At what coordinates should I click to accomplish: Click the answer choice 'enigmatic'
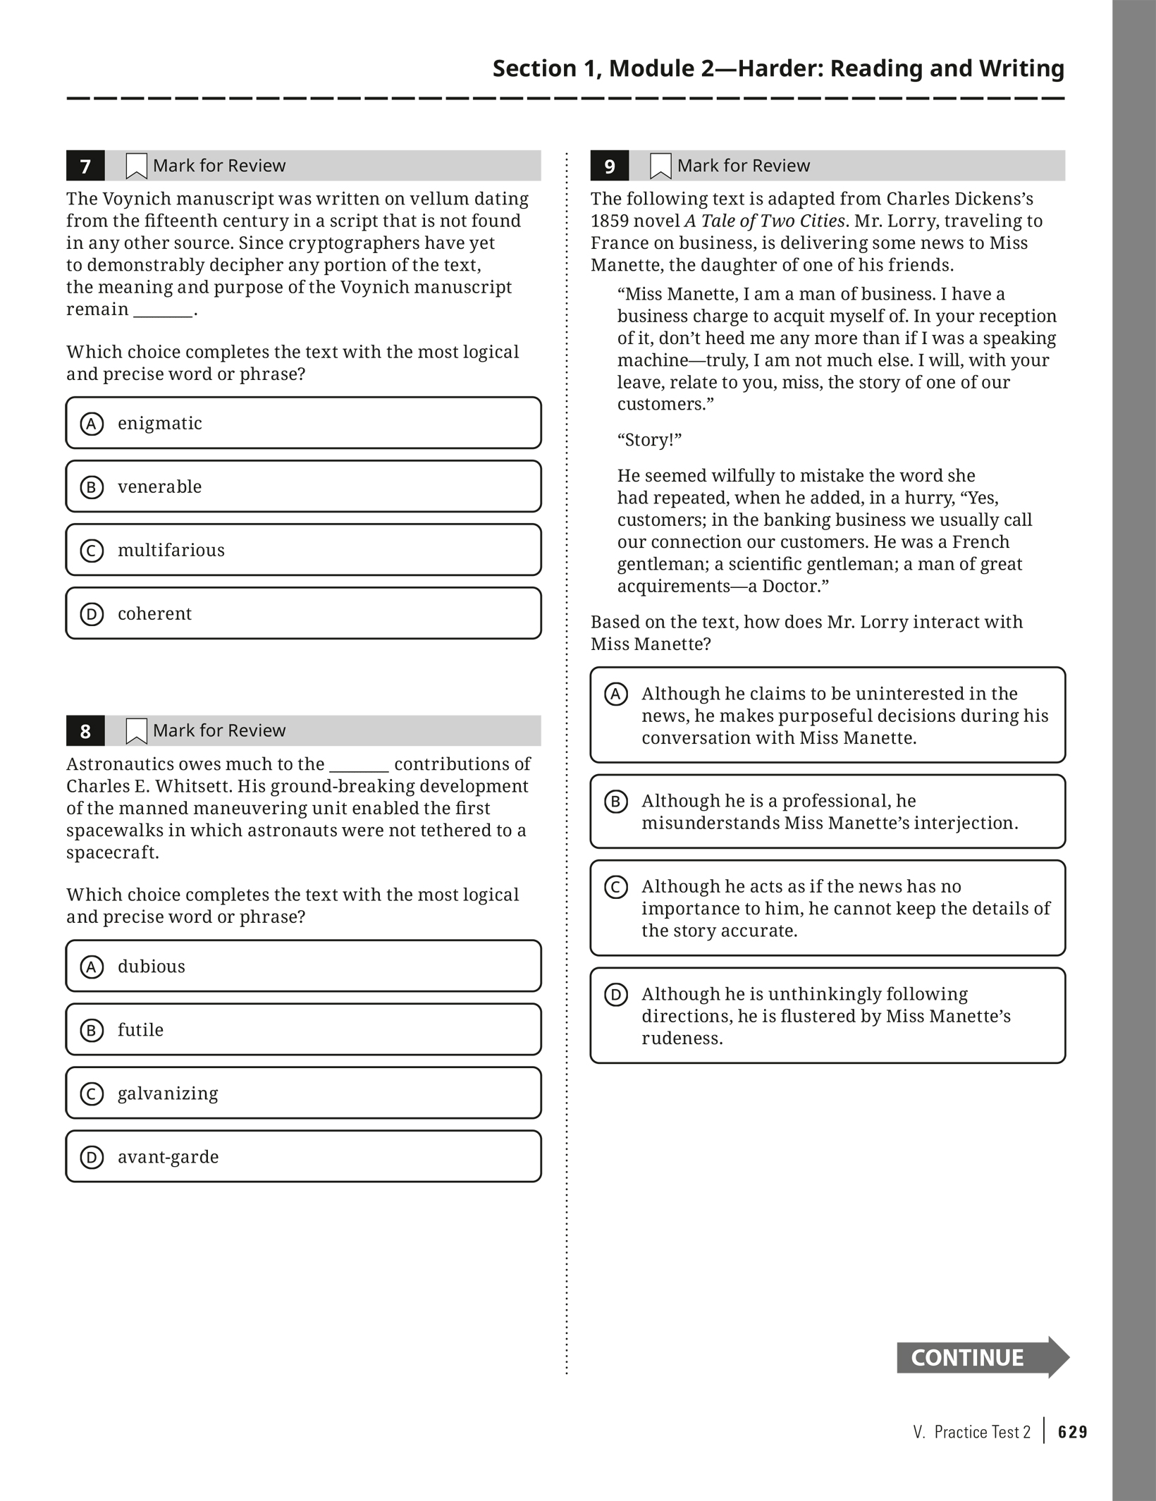coord(303,423)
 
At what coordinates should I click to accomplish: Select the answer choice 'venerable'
coord(303,486)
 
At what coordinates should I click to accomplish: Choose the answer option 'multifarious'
coord(303,550)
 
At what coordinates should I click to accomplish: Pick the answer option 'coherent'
coord(303,613)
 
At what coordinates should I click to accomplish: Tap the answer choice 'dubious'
coord(303,966)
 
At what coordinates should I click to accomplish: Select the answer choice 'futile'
coord(303,1029)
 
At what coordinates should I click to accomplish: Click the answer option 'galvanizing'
coord(303,1093)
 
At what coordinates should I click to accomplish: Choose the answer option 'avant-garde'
coord(303,1156)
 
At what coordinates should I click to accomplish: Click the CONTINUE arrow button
coord(982,1357)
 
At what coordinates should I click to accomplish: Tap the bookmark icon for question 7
coord(136,166)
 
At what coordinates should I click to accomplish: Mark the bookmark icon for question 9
coord(660,166)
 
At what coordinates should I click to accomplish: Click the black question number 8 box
coord(85,730)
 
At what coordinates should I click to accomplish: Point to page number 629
coord(1073,1432)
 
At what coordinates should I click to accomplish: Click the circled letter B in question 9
coord(616,802)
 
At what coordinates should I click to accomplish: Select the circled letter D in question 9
coord(616,995)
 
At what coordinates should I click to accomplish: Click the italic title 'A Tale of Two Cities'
coord(765,221)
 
